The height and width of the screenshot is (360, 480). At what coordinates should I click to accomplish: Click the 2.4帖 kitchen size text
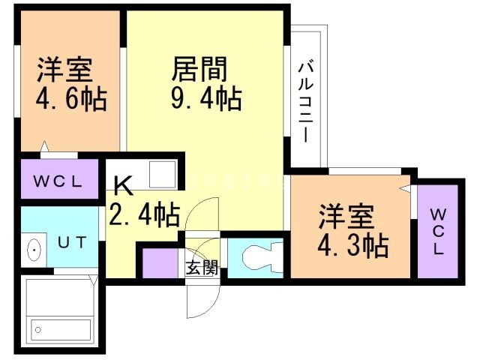pyautogui.click(x=144, y=215)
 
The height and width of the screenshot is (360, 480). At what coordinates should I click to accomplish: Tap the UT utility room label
pyautogui.click(x=73, y=242)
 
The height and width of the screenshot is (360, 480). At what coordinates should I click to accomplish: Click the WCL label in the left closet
pyautogui.click(x=58, y=181)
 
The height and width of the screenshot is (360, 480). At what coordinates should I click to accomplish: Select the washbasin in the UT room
pyautogui.click(x=34, y=249)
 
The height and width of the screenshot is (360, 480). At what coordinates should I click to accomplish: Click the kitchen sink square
pyautogui.click(x=162, y=175)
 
